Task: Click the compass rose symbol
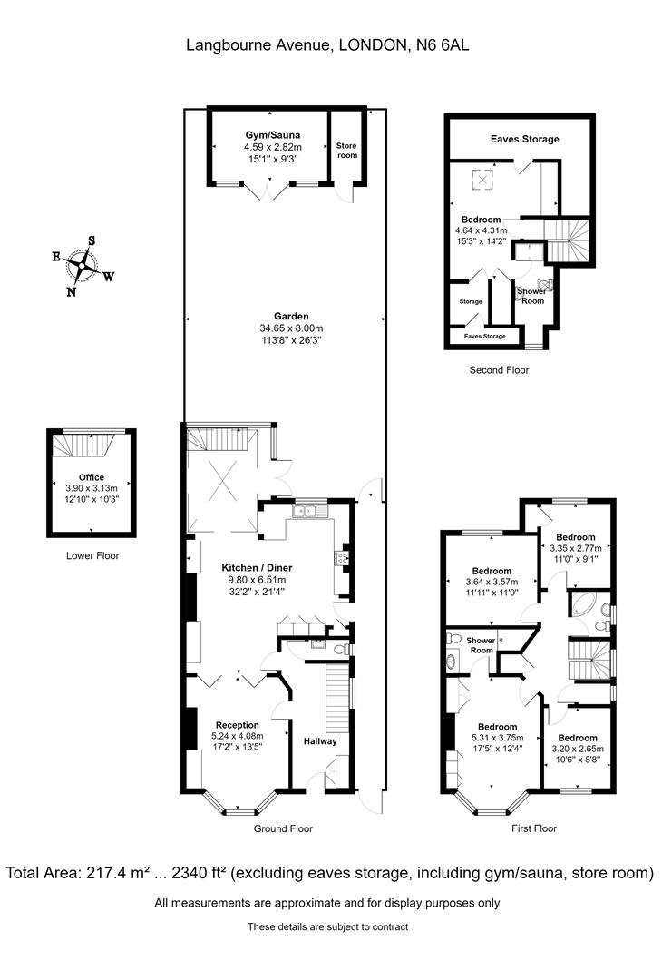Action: click(82, 266)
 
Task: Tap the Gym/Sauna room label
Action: click(272, 135)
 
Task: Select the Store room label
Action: click(346, 150)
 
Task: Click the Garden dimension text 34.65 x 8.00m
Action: click(291, 328)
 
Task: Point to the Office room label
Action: click(92, 477)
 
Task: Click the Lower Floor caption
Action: click(92, 555)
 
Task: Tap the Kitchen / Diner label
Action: click(257, 568)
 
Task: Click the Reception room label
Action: click(238, 726)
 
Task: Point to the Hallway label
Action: click(320, 741)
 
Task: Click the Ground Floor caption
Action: click(283, 828)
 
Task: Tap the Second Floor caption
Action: click(499, 370)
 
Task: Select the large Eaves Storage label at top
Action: click(524, 140)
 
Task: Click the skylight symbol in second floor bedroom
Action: click(482, 181)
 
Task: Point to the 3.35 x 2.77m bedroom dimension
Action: click(576, 548)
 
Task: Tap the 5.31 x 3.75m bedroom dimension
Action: click(497, 738)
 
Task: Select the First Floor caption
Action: click(534, 828)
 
